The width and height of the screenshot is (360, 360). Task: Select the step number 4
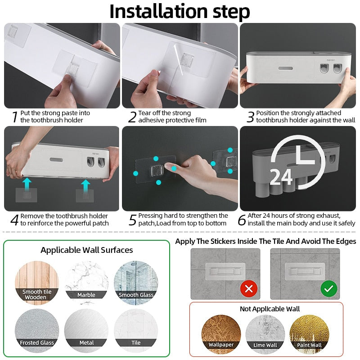click(x=14, y=220)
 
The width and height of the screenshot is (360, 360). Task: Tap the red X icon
click(x=248, y=288)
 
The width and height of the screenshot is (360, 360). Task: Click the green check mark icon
click(x=328, y=288)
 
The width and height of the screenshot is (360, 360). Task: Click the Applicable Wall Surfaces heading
click(x=87, y=250)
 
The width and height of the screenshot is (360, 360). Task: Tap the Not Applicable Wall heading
click(x=270, y=309)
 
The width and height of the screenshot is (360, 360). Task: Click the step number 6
click(x=242, y=220)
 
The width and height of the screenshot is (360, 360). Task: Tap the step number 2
click(x=132, y=117)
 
